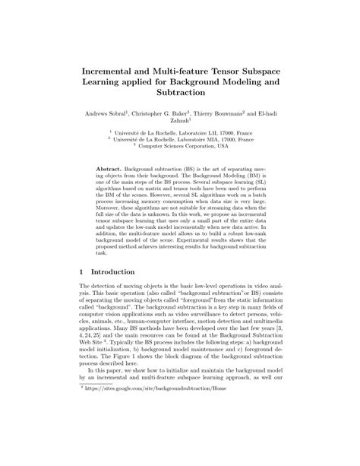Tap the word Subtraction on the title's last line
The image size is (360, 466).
point(180,90)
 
